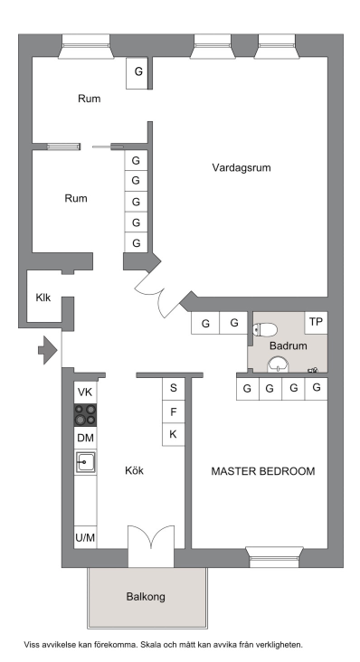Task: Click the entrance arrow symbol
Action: [x=48, y=350]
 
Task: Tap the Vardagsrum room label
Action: [x=242, y=167]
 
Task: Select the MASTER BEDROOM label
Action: [x=263, y=471]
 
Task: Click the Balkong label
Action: [x=146, y=597]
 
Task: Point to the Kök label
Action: [x=134, y=470]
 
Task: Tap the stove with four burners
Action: [x=85, y=415]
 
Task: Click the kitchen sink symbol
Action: [x=85, y=462]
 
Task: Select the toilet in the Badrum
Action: [x=265, y=329]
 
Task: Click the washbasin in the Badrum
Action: [x=278, y=364]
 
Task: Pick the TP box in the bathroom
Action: [x=316, y=323]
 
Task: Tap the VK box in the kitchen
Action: [x=85, y=392]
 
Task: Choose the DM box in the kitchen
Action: [x=85, y=438]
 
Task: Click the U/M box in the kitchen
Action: [x=85, y=537]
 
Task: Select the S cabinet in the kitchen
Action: [x=174, y=388]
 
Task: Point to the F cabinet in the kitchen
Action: [x=174, y=411]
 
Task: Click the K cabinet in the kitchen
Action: [x=174, y=434]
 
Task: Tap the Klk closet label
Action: [x=43, y=298]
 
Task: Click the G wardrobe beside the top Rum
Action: [x=138, y=72]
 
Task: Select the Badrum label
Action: [x=289, y=346]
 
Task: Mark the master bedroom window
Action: [x=274, y=556]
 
